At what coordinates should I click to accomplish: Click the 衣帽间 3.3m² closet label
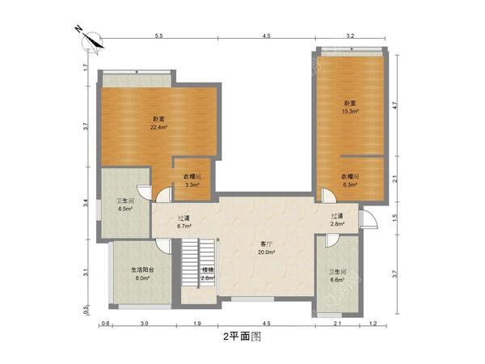coord(192,180)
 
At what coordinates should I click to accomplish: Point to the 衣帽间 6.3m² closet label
coord(349,180)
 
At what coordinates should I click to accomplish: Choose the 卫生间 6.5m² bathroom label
coord(124,205)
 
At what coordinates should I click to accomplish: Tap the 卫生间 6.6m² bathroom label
coord(337,276)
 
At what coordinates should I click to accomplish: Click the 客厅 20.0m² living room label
coord(267,248)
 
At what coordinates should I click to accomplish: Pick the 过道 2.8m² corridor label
coord(337,220)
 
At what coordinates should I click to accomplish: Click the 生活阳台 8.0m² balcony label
coord(143,273)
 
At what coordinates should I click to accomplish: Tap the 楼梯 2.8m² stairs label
coord(208,273)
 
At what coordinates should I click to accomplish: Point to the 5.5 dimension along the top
coord(159,36)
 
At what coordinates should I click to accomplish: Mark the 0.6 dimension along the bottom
coord(106,324)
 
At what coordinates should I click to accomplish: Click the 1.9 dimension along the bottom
coord(196,324)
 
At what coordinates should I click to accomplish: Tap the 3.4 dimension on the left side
coord(85,205)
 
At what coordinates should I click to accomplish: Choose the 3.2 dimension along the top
coord(350,36)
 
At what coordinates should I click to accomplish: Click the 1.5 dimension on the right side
coord(395,218)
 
